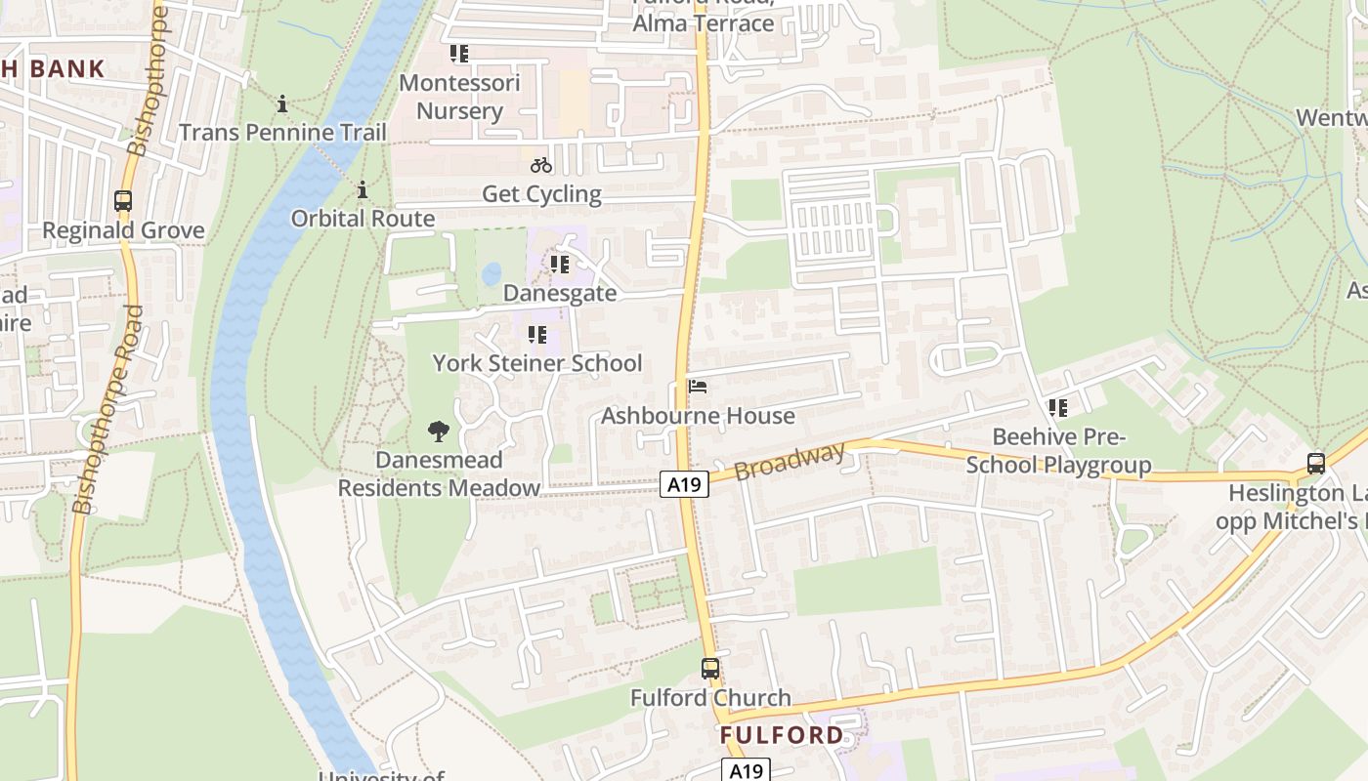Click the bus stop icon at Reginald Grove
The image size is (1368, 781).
click(x=123, y=201)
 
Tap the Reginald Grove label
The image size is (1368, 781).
click(x=123, y=231)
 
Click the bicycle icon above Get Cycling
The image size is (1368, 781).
click(x=541, y=165)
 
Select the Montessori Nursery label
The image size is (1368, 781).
click(x=459, y=97)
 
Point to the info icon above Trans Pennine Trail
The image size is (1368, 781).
click(x=282, y=103)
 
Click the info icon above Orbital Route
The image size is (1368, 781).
click(x=363, y=189)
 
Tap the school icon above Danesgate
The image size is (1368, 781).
click(x=560, y=264)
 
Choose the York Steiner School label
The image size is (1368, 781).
click(x=537, y=363)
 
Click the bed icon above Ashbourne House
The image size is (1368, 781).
click(x=697, y=388)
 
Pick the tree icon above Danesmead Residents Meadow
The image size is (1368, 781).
click(x=439, y=431)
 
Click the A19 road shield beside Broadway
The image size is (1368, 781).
click(x=683, y=483)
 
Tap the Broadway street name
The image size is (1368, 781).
click(x=790, y=461)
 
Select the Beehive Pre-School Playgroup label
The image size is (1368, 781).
click(x=1059, y=450)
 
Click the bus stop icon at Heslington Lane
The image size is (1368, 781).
click(x=1316, y=463)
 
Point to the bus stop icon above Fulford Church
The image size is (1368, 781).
click(x=710, y=669)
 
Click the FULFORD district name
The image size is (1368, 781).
click(x=783, y=735)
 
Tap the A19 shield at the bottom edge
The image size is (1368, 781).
click(x=746, y=770)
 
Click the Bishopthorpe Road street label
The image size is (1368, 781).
click(x=109, y=410)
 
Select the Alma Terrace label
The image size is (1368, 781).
click(x=704, y=23)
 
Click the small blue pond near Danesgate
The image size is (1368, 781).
click(x=492, y=273)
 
